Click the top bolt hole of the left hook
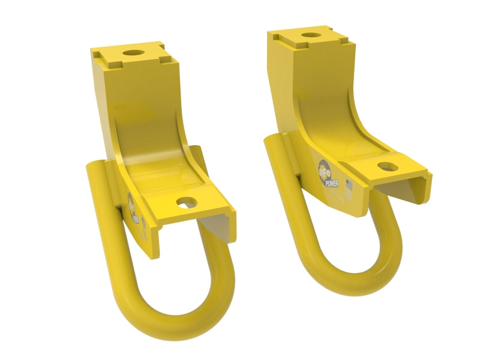point(133,53)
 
